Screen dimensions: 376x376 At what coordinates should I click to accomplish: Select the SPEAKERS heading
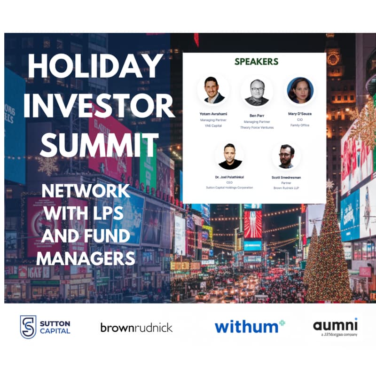coord(256,62)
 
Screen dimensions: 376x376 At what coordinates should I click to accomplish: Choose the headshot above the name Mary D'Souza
coord(300,90)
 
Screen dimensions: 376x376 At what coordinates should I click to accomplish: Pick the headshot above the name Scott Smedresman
coord(286,157)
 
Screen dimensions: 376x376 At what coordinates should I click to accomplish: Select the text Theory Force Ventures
coord(257,127)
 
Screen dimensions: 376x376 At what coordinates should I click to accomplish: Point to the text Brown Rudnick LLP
coord(286,187)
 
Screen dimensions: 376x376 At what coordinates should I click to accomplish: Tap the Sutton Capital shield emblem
coord(28,327)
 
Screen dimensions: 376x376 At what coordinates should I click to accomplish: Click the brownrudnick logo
coord(136,327)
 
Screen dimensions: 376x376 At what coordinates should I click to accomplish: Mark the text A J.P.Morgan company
coord(336,335)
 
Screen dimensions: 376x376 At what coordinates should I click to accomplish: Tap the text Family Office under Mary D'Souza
coord(300,125)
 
